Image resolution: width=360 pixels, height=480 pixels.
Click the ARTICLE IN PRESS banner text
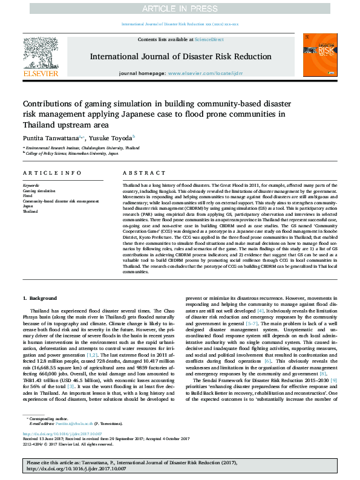[180, 8]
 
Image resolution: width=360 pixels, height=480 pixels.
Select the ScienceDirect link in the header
[209, 39]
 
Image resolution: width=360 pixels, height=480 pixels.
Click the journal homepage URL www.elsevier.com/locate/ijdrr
[206, 73]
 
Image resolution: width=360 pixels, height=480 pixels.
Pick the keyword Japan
[28, 206]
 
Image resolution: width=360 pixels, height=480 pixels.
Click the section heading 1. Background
[40, 298]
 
